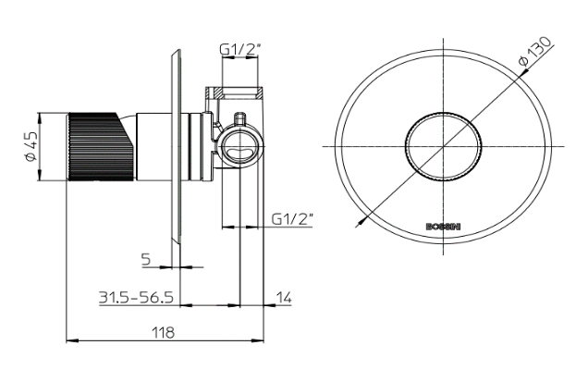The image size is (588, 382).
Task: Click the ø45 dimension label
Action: click(31, 147)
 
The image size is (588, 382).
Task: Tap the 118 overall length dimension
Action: click(164, 332)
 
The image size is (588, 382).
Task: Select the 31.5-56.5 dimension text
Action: click(137, 298)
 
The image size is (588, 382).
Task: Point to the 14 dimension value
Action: click(284, 298)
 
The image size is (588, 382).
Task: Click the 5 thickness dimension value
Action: click(146, 259)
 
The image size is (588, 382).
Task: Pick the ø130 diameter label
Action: click(535, 51)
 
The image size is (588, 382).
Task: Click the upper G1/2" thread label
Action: click(240, 50)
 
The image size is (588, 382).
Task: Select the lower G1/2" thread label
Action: click(292, 219)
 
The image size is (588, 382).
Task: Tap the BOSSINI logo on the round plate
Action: click(444, 227)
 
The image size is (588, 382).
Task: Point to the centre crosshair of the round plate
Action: click(444, 146)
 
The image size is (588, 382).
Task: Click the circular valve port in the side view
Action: click(240, 145)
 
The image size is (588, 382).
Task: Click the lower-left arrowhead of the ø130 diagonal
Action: click(360, 222)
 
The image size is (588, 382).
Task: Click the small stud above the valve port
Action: click(240, 117)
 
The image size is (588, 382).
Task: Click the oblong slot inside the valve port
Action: click(240, 153)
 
